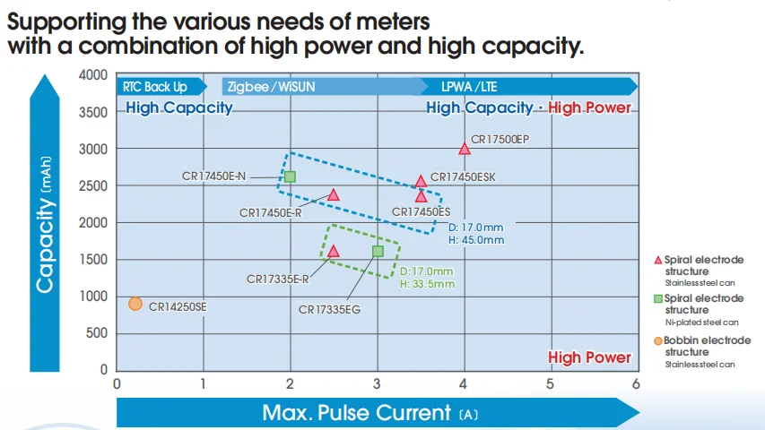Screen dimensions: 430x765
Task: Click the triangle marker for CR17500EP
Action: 464,149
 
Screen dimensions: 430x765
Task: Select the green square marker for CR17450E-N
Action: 290,176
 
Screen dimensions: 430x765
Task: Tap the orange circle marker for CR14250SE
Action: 135,304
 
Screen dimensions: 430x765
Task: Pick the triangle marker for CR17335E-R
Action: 333,252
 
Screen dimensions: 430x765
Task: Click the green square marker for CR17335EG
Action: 377,251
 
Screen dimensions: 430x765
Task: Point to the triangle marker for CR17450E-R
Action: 333,194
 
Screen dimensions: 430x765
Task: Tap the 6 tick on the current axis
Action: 636,383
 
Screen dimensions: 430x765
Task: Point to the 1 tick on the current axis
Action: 203,383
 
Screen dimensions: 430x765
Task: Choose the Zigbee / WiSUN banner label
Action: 271,87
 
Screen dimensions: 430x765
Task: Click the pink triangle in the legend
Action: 658,260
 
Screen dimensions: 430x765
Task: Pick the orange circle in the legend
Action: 658,340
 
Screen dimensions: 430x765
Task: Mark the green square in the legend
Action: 658,298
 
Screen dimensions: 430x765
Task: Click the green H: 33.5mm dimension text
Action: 426,284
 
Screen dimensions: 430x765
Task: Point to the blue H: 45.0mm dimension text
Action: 475,240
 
